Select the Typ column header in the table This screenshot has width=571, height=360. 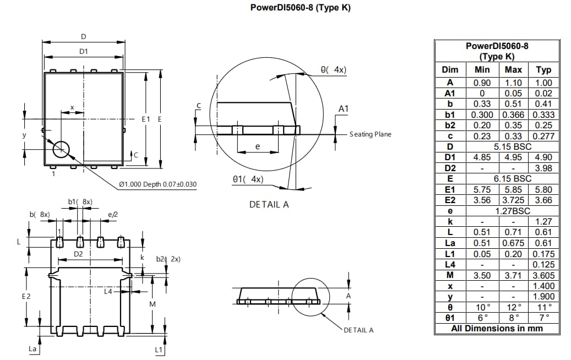(x=543, y=70)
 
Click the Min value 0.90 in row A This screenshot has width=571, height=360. (x=482, y=83)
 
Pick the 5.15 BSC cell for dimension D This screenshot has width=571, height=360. (x=512, y=147)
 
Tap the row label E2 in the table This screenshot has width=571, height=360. (x=450, y=200)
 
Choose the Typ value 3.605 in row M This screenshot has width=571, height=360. (x=543, y=275)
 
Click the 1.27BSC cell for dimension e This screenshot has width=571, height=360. (x=512, y=211)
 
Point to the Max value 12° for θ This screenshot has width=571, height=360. (x=513, y=307)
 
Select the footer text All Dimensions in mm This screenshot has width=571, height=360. (x=497, y=329)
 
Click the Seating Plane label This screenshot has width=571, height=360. (x=370, y=134)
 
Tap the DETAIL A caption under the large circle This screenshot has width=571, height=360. (x=269, y=204)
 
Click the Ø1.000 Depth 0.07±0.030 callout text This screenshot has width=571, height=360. (x=157, y=184)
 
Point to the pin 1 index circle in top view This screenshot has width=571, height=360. (x=61, y=148)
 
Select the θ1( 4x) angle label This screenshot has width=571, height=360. (x=248, y=179)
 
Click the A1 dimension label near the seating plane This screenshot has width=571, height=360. (x=343, y=109)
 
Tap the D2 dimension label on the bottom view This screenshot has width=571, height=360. (x=79, y=254)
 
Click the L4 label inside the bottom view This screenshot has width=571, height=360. (x=108, y=291)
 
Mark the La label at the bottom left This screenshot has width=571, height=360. (x=32, y=349)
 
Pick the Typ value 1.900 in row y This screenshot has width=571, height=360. (x=543, y=297)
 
